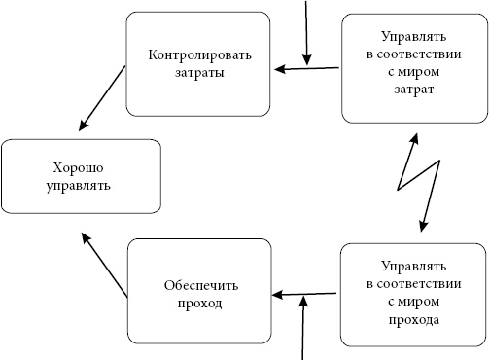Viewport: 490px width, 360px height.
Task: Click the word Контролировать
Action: click(200, 54)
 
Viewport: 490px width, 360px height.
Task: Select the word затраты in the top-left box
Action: click(200, 72)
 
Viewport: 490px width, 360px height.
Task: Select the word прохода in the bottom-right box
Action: click(414, 319)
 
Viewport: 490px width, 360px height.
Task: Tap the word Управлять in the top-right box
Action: click(414, 36)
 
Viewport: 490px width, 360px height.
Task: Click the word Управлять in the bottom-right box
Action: click(414, 266)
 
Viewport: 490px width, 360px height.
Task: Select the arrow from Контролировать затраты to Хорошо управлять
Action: click(101, 98)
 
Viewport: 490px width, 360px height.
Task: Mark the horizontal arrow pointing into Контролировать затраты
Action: click(306, 68)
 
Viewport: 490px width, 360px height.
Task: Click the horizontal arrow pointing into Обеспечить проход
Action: click(306, 293)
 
